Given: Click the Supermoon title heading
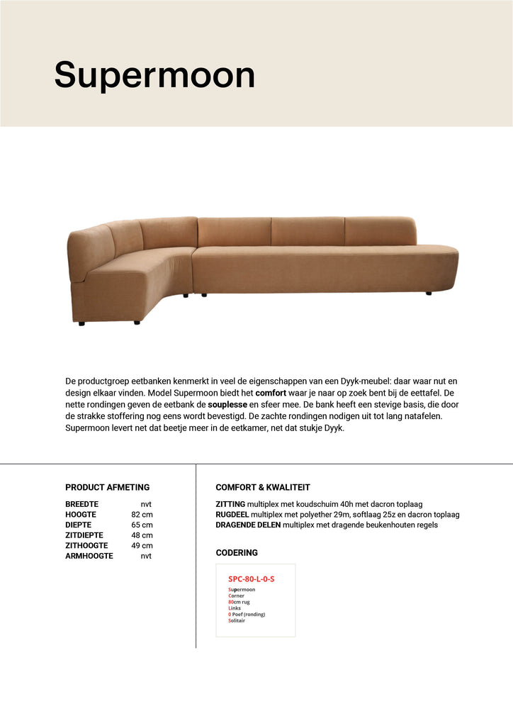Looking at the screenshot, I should (154, 75).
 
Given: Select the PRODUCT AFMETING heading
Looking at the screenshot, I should (107, 487).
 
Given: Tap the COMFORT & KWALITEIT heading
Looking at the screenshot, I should (263, 487).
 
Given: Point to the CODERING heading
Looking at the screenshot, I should (237, 552).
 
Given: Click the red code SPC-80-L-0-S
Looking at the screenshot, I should (251, 579).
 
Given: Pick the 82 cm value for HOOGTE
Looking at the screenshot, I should (142, 514).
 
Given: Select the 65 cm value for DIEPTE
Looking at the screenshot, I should (142, 525).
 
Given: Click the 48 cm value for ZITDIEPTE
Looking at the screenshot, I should (142, 535).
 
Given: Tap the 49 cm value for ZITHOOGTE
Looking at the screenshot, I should (142, 546).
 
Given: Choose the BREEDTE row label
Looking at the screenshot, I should (81, 503).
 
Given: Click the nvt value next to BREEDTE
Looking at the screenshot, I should (146, 503).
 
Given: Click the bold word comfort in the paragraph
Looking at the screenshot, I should (271, 392).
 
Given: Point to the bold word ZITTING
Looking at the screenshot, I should (230, 503).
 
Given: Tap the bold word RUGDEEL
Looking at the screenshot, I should (232, 514).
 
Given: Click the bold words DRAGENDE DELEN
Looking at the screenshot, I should (248, 525).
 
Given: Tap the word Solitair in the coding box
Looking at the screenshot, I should (237, 620).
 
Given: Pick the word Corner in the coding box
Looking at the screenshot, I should (236, 596).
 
